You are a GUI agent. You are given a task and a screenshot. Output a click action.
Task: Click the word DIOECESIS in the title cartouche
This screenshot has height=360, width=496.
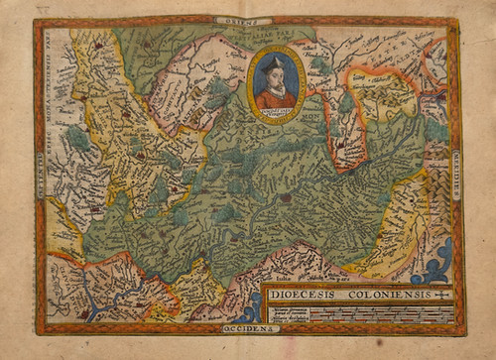(x=302, y=294)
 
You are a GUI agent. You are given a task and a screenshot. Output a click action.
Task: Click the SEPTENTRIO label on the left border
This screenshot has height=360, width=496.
(x=40, y=179)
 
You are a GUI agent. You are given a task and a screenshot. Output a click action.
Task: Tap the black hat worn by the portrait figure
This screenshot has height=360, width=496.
(x=276, y=60)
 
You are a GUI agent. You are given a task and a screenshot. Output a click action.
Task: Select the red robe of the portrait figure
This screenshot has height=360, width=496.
(x=276, y=98)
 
